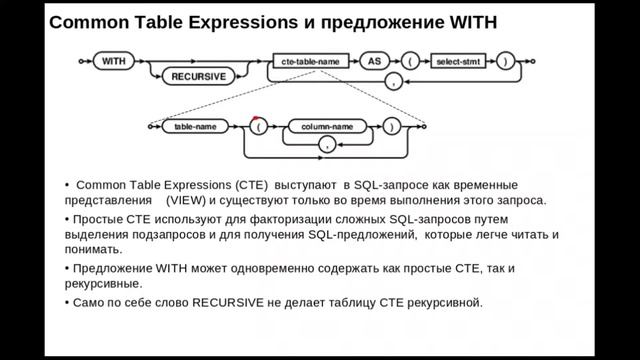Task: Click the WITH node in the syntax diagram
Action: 113,61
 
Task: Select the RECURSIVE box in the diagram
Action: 200,75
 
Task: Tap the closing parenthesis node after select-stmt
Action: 509,61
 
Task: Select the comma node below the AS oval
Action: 392,82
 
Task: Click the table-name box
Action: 196,127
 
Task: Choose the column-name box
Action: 322,127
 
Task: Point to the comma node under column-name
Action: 324,146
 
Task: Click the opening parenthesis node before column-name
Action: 261,127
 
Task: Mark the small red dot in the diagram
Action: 255,119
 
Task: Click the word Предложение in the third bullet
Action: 112,269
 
